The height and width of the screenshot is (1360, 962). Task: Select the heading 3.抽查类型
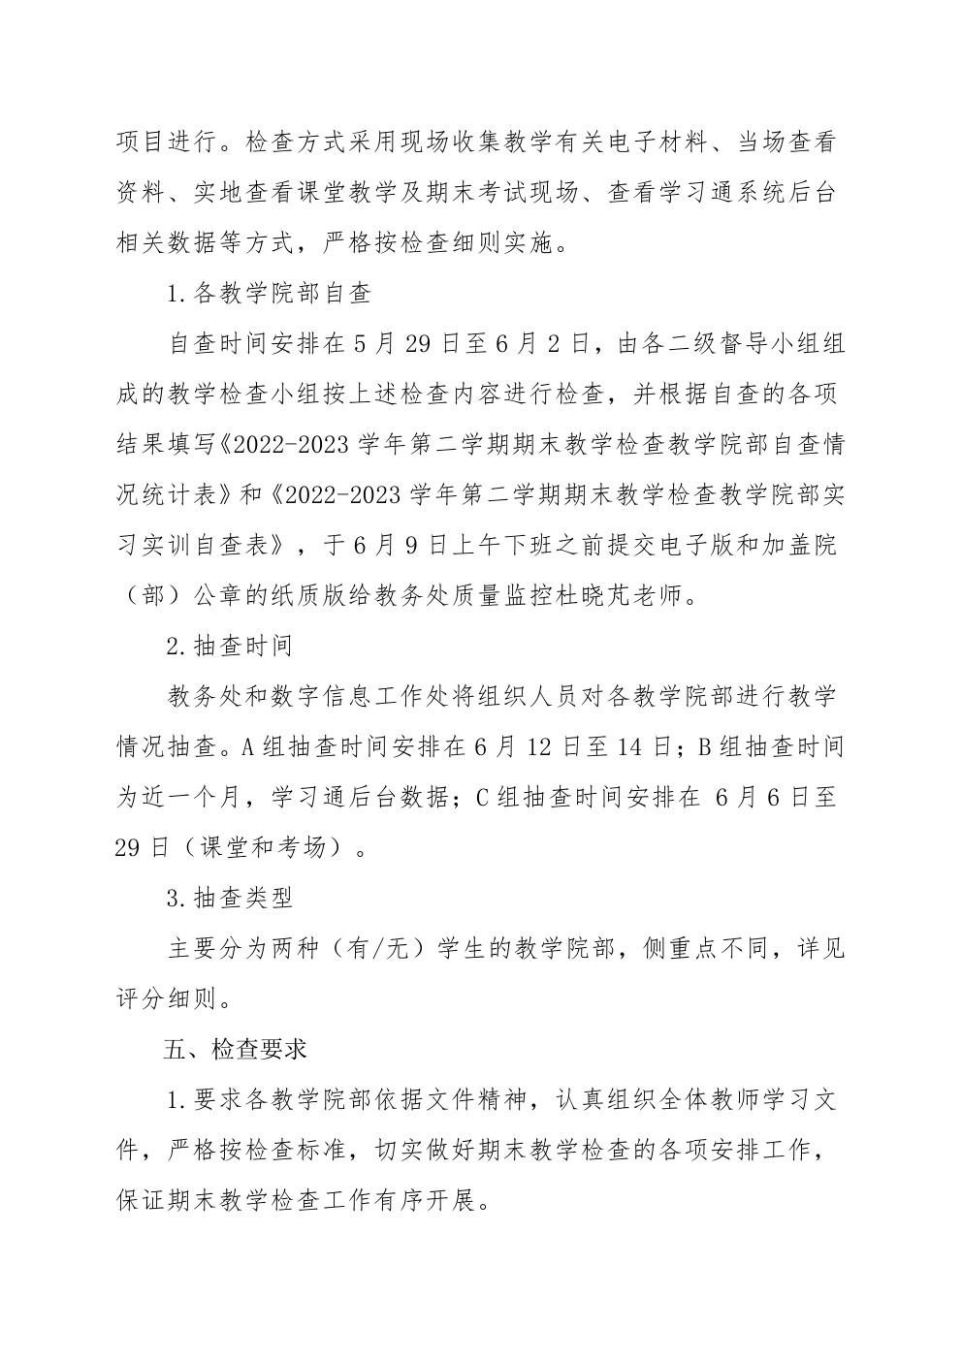(230, 899)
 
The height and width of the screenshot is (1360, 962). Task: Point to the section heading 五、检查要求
(236, 1050)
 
